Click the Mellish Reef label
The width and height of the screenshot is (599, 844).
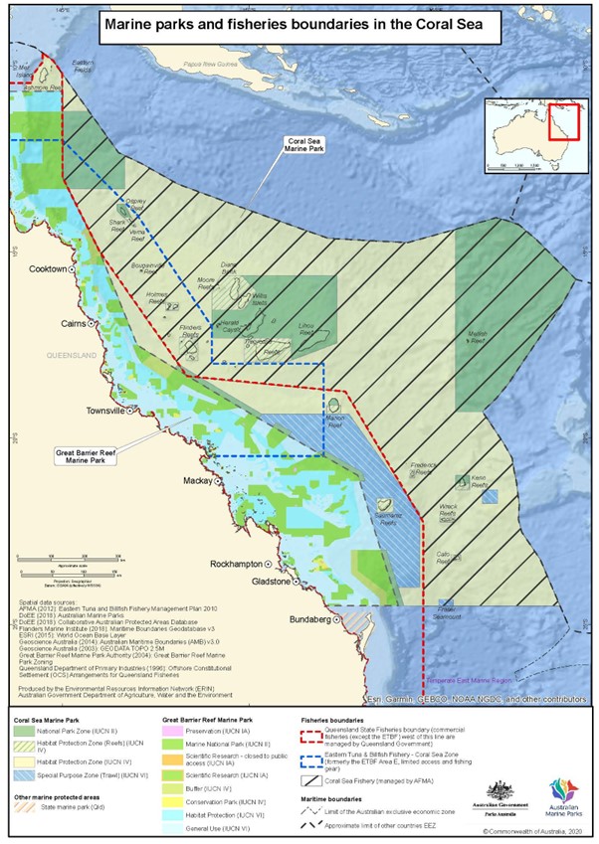click(483, 339)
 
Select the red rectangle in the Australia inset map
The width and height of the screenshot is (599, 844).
click(563, 121)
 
